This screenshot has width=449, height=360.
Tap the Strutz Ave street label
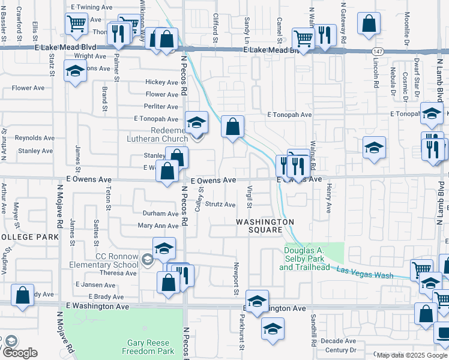tap(220, 205)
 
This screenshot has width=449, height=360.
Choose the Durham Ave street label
tap(160, 214)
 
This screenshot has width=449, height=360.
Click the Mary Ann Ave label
tap(158, 226)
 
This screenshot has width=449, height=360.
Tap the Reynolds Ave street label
tap(35, 138)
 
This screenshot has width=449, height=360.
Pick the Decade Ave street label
tap(338, 341)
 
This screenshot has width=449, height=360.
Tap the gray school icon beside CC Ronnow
tap(148, 259)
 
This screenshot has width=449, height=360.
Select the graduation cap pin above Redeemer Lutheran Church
tap(196, 124)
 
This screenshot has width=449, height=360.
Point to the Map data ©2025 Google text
tap(411, 355)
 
